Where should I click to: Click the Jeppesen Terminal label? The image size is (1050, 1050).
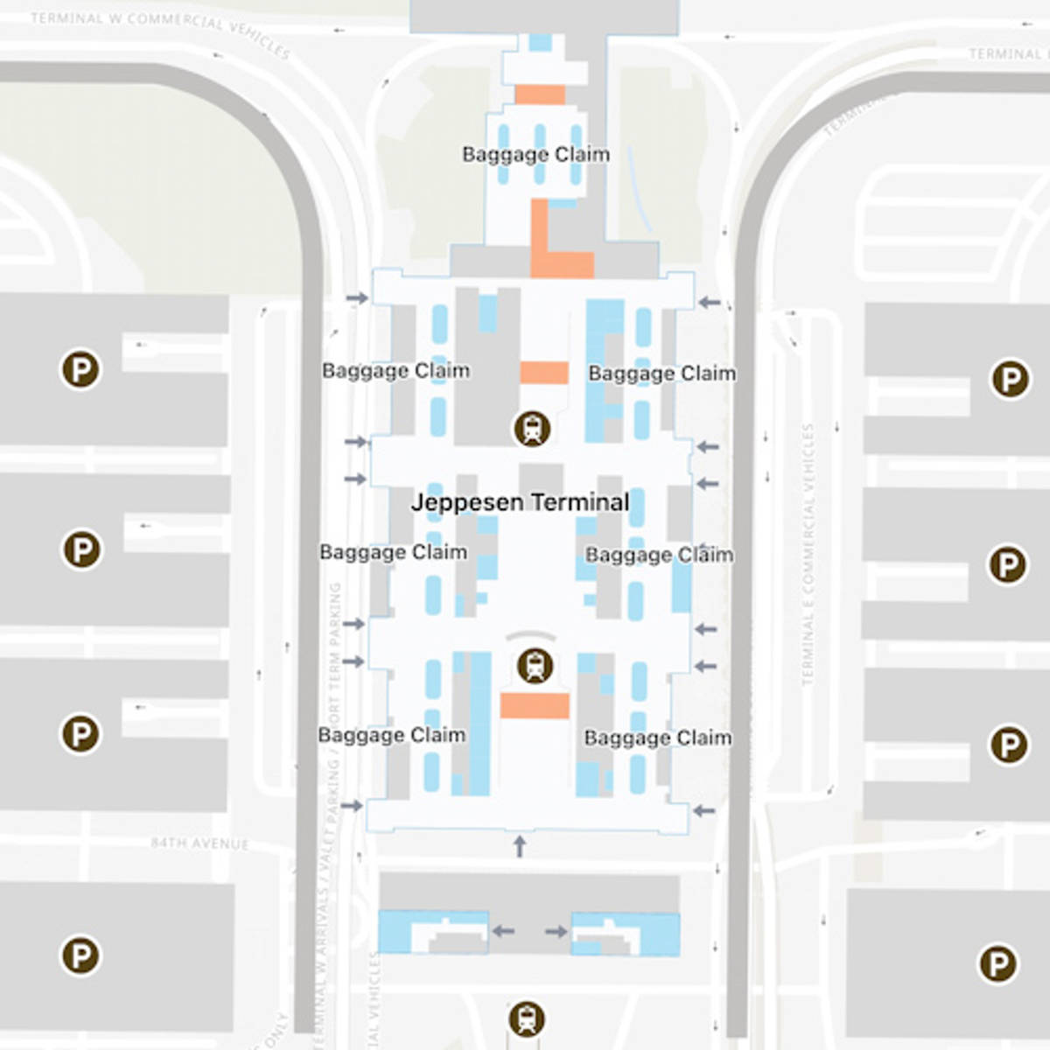(520, 502)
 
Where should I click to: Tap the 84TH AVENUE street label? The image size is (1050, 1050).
(199, 843)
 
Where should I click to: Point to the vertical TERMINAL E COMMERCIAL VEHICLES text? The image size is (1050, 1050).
(808, 554)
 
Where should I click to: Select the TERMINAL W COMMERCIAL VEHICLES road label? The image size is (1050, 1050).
(160, 28)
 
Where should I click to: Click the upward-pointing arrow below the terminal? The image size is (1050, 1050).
(520, 845)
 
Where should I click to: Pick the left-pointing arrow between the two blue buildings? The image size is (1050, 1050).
(502, 931)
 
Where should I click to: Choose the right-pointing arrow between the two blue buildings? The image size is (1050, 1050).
(556, 931)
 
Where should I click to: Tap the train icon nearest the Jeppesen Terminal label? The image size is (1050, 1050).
(532, 429)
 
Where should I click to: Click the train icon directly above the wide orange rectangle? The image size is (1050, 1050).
(535, 666)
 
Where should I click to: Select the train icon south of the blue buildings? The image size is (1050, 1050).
(526, 1018)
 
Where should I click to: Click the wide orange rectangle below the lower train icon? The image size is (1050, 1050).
(535, 705)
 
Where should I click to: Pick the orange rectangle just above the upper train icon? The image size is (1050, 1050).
(544, 373)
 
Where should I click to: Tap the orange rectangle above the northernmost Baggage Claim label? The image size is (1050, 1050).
(539, 94)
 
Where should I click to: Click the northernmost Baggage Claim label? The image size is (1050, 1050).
(535, 155)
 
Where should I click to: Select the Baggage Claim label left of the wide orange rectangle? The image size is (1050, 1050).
(391, 735)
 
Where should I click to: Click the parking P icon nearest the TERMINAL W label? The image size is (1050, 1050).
(80, 369)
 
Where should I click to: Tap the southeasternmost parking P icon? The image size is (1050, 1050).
(997, 963)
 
